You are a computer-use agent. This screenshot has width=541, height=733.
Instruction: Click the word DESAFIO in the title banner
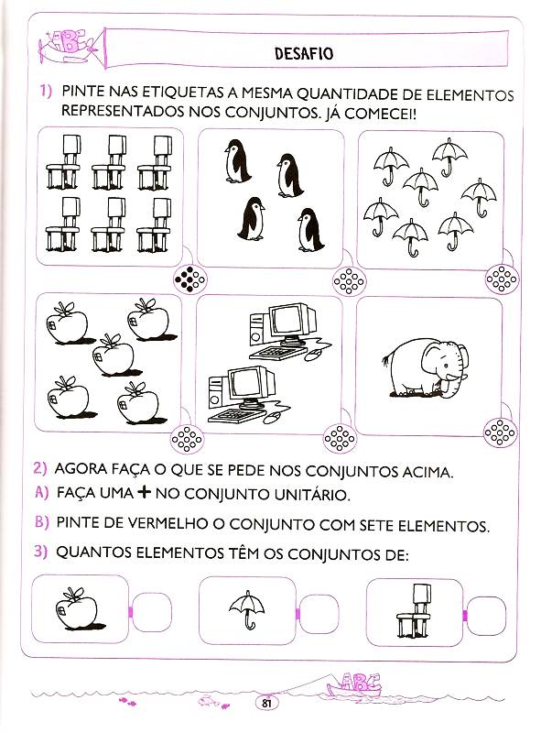click(304, 53)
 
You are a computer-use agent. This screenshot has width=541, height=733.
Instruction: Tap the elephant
click(424, 368)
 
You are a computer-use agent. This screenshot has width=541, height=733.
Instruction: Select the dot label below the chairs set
click(189, 279)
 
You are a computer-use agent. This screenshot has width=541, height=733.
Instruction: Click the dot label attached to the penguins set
click(349, 281)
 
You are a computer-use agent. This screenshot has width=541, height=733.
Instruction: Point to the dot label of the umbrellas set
click(502, 279)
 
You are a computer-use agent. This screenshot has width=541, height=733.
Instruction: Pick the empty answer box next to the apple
click(152, 612)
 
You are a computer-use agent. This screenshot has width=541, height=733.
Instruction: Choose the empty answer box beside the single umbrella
click(319, 614)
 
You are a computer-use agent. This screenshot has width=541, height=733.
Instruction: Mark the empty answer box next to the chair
click(486, 616)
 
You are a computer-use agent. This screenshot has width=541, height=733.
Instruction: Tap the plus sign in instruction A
click(145, 492)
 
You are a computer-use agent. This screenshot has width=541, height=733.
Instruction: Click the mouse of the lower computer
click(271, 419)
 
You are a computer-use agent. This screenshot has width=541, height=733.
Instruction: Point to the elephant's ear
click(432, 361)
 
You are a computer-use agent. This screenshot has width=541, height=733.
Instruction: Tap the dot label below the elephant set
click(501, 432)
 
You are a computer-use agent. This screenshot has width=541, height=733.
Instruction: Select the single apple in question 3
click(79, 608)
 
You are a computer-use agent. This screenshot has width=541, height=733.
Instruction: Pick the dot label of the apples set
click(187, 440)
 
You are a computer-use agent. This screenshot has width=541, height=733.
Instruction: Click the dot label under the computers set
click(340, 438)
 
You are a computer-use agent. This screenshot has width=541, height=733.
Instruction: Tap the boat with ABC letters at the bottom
click(355, 686)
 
